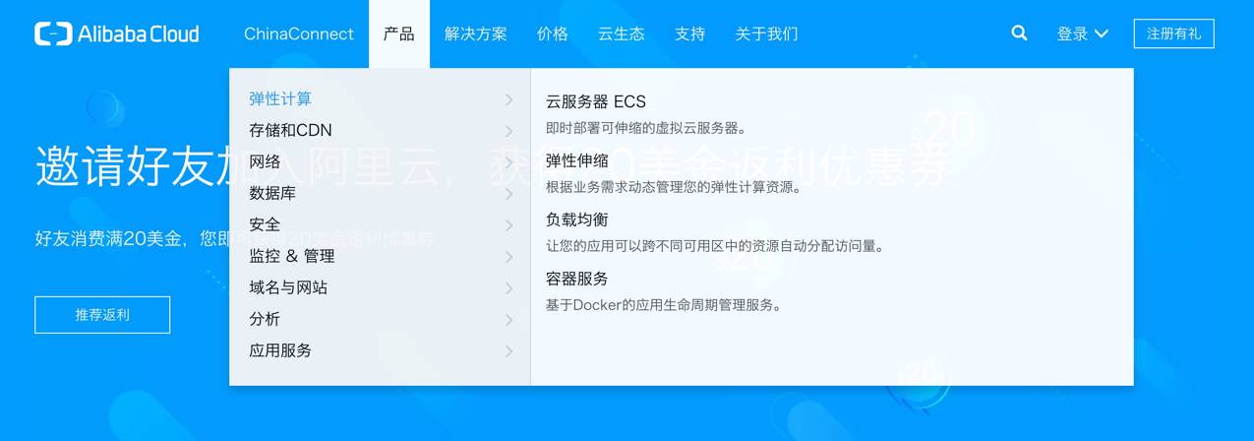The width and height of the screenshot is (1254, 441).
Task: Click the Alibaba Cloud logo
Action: pos(116,33)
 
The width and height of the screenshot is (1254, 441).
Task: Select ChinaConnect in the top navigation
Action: pos(299,33)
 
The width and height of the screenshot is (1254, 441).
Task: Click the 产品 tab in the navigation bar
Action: pos(399,33)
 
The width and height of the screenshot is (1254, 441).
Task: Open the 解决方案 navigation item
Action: pos(476,33)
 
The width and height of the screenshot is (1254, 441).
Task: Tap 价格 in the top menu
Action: pos(553,33)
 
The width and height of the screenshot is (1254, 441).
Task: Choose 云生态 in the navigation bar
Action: pos(622,33)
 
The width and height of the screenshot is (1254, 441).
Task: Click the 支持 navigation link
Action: pos(690,33)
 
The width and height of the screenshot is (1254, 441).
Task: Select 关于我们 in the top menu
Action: pos(766,33)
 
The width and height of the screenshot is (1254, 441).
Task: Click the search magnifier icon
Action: pos(1020,33)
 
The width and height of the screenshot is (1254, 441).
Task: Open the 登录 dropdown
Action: pos(1082,33)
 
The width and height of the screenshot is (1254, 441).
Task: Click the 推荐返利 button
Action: pos(102,315)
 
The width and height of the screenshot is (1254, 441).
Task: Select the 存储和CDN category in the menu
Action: pos(291,130)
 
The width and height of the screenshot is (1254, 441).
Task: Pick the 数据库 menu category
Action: pos(272,193)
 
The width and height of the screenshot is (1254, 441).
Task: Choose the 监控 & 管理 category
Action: pos(292,256)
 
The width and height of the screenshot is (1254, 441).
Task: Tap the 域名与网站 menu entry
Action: pos(288,287)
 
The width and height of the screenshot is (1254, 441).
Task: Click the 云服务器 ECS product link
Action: pos(596,101)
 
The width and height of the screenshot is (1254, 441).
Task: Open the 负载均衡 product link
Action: pos(577,220)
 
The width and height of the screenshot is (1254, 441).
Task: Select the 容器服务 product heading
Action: pos(577,279)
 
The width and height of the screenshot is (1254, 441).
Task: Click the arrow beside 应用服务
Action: pos(508,350)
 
